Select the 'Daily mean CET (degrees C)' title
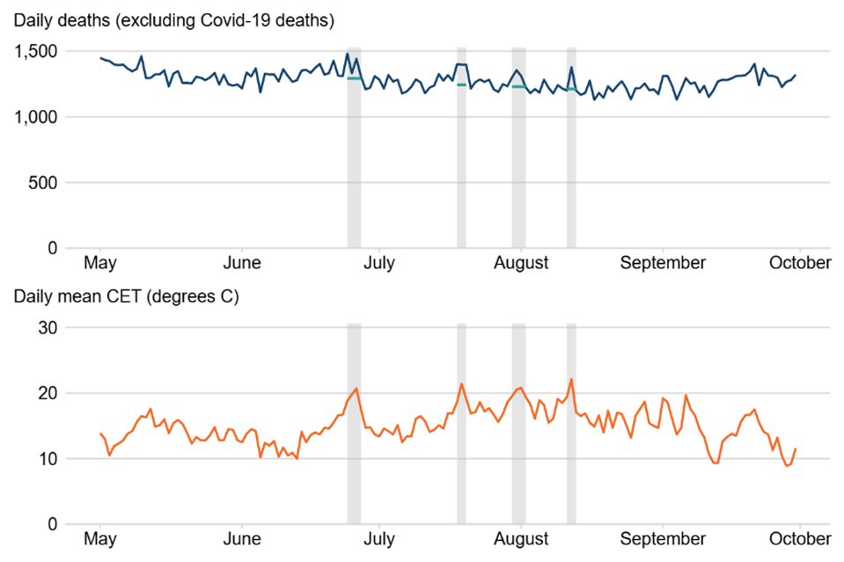point(125,296)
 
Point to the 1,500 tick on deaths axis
point(38,52)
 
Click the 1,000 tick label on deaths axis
point(38,117)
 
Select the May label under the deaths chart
point(101,263)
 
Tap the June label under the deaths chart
point(242,263)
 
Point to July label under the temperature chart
point(378,538)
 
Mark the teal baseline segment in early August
point(518,86)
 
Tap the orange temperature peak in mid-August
point(571,379)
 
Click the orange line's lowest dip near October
point(787,465)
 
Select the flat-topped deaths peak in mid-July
point(461,64)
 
